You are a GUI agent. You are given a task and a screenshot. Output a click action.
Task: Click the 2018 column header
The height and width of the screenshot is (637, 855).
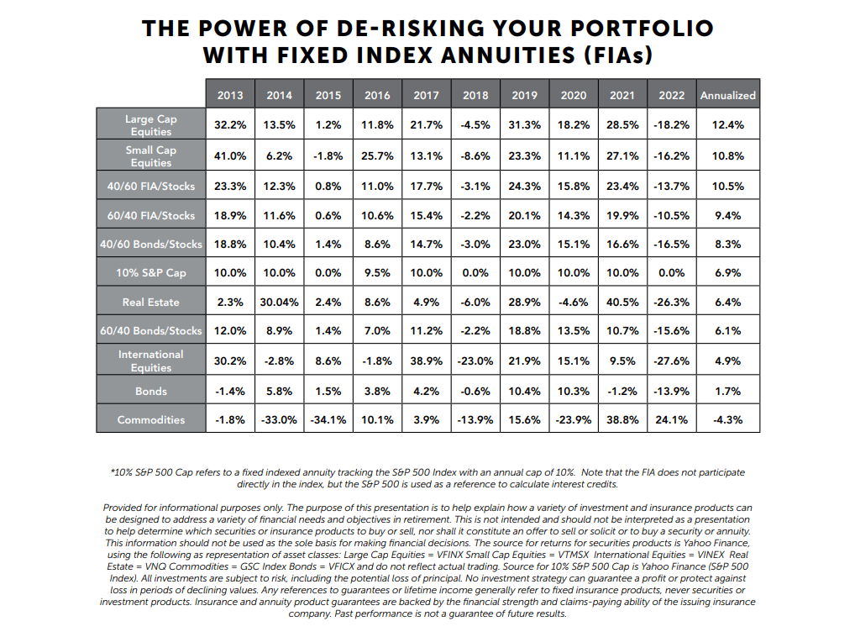pos(475,95)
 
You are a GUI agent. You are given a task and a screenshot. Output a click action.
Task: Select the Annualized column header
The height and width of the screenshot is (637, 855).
pos(728,95)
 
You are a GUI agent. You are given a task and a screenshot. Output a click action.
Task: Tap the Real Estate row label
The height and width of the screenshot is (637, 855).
pos(151,302)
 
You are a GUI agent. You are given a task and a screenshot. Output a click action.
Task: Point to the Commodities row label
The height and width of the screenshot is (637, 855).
pos(151,419)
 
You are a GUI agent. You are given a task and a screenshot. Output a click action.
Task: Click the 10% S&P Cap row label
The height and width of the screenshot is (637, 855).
pos(151,272)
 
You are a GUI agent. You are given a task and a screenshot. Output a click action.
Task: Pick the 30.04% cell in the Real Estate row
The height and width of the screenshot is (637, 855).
pos(280,302)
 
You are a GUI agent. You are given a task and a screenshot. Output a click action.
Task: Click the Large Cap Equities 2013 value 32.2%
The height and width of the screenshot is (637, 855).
pos(230,124)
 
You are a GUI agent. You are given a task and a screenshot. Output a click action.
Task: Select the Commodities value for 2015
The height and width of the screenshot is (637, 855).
pos(328,419)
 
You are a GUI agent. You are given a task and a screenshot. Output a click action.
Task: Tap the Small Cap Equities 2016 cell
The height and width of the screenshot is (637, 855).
pos(377,155)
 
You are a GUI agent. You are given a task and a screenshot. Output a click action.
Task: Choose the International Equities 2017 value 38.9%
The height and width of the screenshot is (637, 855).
pos(426,361)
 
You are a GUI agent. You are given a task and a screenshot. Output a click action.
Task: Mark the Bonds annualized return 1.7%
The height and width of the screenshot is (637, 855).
pos(728,391)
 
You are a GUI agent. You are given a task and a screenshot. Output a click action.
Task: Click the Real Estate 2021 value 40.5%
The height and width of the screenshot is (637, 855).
pos(622,302)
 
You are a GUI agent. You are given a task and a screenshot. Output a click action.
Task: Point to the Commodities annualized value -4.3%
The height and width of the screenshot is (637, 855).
pos(728,419)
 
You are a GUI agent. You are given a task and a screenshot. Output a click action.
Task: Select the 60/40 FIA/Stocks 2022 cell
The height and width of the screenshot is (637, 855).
pos(671,215)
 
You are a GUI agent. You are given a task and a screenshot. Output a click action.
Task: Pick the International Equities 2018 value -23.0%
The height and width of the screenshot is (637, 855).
pos(475,361)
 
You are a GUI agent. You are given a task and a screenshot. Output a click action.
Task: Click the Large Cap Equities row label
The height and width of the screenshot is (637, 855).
pos(151,124)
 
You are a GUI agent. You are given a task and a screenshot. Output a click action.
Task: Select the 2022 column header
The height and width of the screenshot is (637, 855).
pos(671,95)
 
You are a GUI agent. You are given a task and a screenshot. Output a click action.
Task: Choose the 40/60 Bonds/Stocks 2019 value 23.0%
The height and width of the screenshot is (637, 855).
pos(524,244)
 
